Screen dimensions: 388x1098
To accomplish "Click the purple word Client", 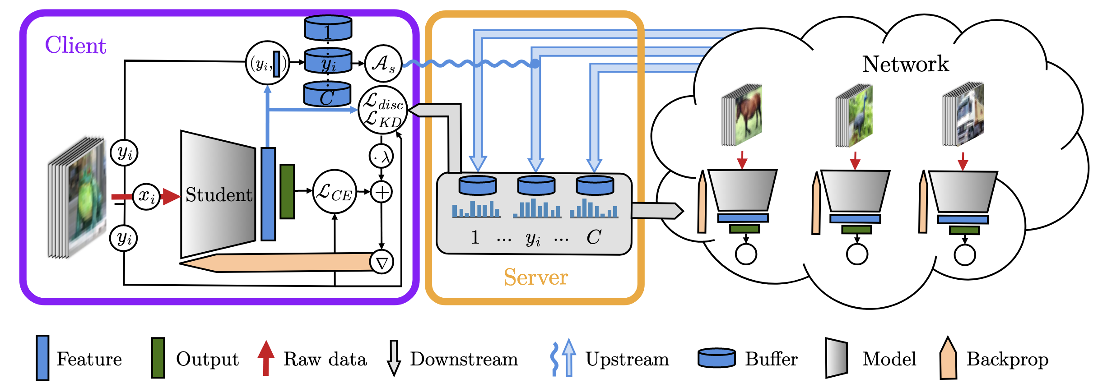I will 75,45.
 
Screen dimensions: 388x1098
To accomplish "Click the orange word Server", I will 535,277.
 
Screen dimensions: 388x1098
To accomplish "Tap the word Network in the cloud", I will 905,64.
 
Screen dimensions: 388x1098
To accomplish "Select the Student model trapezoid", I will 218,194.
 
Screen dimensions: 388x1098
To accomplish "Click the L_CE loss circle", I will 334,192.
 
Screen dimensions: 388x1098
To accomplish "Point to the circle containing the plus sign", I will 382,193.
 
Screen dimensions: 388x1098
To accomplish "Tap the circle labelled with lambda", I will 382,157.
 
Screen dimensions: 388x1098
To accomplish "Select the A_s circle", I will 383,63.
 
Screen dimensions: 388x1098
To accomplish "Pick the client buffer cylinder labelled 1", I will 328,28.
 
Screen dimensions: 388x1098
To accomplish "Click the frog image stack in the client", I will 78,199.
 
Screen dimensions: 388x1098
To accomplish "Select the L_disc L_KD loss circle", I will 383,110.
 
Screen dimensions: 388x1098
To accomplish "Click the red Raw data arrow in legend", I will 266,358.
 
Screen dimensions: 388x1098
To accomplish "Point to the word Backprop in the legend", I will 1007,359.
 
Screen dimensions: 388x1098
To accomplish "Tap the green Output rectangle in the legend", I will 158,357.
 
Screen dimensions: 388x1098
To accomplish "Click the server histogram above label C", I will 594,209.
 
